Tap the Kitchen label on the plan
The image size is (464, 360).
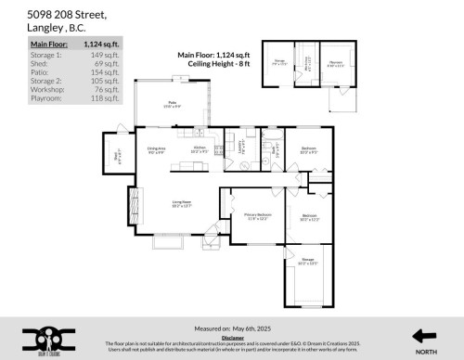[200, 148]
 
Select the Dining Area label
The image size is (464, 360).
[155, 148]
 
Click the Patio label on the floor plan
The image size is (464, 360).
[172, 102]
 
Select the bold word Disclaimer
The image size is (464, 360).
[233, 339]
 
